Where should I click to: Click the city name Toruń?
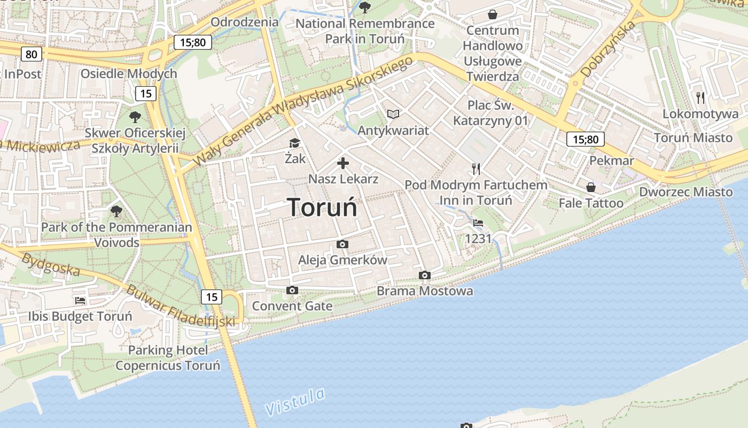click(322, 208)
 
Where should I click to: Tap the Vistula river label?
click(295, 402)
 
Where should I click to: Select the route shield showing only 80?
click(32, 54)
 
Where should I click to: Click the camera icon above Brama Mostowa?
click(425, 276)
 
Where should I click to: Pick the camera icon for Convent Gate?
click(292, 291)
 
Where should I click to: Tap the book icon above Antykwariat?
click(393, 114)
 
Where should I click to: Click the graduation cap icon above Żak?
click(294, 143)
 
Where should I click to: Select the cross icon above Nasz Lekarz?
click(343, 163)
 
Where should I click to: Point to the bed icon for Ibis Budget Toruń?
click(80, 301)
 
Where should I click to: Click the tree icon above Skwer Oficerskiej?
click(135, 116)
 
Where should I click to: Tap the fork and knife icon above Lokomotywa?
click(700, 97)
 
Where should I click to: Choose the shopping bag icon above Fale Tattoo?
click(591, 187)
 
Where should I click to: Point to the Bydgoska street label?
click(51, 264)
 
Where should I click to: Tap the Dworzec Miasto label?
click(686, 192)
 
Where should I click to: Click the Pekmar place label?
click(612, 160)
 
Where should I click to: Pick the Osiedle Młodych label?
click(128, 74)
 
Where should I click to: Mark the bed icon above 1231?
click(478, 223)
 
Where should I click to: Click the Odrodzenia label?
click(245, 22)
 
